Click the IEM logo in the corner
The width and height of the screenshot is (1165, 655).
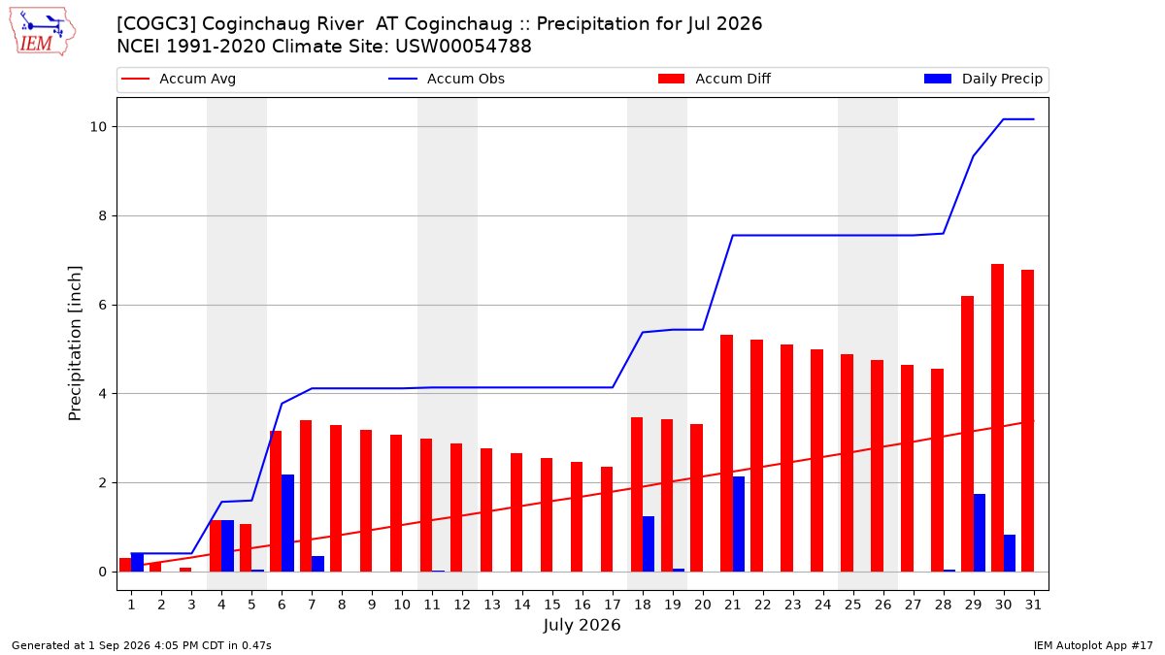coord(42,32)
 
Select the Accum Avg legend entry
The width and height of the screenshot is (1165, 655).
coord(179,79)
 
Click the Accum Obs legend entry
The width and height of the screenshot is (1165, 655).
coord(447,79)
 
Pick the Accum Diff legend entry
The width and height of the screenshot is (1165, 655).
coord(715,79)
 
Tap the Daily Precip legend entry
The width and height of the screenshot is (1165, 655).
coord(982,79)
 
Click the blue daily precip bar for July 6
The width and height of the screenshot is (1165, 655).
coord(287,523)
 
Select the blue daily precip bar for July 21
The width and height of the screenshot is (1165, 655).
coord(739,524)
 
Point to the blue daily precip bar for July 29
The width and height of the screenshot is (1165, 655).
coord(980,533)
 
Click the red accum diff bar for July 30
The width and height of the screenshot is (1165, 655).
coord(998,418)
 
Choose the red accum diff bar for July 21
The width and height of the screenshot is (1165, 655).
coord(726,453)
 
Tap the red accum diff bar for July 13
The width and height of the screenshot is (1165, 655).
coord(486,510)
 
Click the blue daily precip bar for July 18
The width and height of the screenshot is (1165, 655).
coord(649,543)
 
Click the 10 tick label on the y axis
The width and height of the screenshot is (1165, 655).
coord(98,127)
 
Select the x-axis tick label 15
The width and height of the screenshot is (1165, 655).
coord(552,605)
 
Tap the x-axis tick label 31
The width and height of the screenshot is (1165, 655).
coord(1033,605)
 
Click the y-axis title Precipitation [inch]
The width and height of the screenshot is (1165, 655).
coord(75,344)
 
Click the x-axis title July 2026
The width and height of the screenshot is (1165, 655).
coord(582,625)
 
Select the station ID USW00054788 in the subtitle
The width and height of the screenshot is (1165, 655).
coord(463,47)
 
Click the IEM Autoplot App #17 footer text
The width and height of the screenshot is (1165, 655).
coord(1093,645)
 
